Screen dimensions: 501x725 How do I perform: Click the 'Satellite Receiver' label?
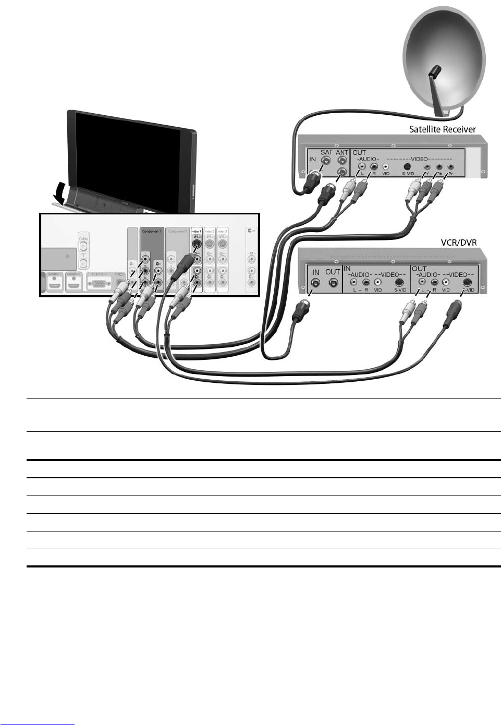point(442,129)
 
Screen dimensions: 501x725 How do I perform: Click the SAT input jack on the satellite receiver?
point(326,162)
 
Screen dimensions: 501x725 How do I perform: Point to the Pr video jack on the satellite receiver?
point(450,168)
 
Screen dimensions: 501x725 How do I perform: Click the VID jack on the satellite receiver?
point(386,168)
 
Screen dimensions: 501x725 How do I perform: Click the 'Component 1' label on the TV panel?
point(152,231)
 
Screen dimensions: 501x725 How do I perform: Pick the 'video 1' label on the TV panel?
point(196,230)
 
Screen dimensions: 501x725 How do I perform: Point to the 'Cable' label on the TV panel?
point(83,238)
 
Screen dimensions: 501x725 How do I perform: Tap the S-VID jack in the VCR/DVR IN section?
point(400,282)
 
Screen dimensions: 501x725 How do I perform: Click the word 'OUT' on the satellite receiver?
point(359,153)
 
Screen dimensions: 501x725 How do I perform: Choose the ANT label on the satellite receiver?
point(341,153)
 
